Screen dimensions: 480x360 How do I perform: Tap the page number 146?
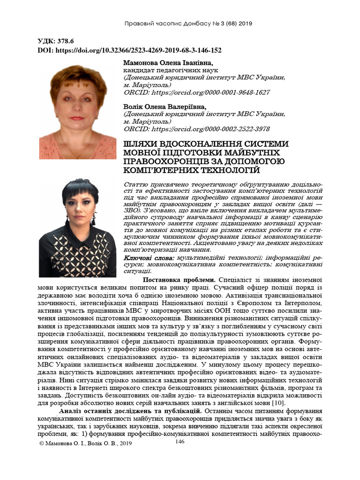pos(180,442)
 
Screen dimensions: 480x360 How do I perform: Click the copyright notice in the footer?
pos(86,443)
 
